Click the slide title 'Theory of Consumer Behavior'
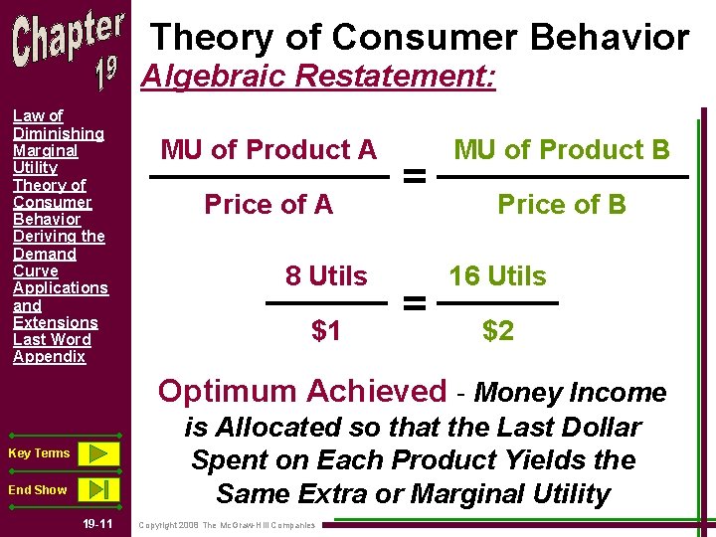click(x=419, y=38)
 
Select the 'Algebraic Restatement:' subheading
click(x=318, y=77)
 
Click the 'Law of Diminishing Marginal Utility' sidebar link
click(x=58, y=142)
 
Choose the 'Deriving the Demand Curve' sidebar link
click(x=59, y=254)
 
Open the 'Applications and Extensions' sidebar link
click(x=60, y=304)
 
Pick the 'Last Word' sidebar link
click(x=52, y=339)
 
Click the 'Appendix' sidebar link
click(x=49, y=356)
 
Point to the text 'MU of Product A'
click(x=268, y=150)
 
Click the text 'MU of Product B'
click(x=562, y=150)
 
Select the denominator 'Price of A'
click(x=268, y=205)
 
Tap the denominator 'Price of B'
click(x=562, y=205)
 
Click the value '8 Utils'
click(x=326, y=276)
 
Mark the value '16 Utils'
click(x=497, y=276)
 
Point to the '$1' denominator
click(x=326, y=331)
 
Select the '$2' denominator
click(x=497, y=331)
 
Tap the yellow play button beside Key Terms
click(x=97, y=453)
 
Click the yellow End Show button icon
click(x=97, y=489)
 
